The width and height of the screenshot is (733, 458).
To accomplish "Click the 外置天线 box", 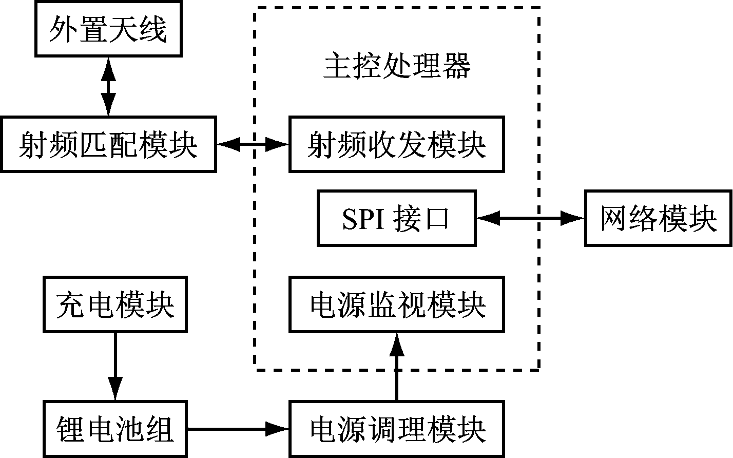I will click(108, 30).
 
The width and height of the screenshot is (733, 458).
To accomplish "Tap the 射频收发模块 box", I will click(396, 144).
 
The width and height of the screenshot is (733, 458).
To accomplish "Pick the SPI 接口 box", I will click(396, 218).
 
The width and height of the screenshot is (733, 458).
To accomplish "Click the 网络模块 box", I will click(658, 218).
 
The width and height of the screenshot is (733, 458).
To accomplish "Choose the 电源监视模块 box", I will click(396, 304).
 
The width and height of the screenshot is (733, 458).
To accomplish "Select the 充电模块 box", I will click(115, 304).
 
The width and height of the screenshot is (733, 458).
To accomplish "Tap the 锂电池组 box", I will click(115, 429).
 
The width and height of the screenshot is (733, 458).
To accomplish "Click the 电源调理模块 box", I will click(396, 429).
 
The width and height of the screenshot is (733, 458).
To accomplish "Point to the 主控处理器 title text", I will click(396, 67).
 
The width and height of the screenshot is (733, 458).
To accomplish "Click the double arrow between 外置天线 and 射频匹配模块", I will click(108, 86).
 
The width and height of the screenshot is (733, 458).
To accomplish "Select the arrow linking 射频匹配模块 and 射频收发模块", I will click(253, 144).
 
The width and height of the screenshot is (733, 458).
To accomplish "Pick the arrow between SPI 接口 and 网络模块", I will click(530, 218).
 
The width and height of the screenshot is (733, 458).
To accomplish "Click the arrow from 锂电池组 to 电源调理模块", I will click(237, 428).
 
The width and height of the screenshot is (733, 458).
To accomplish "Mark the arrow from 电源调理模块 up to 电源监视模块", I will click(396, 367).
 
